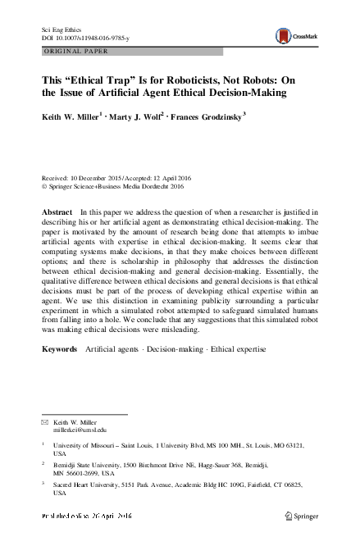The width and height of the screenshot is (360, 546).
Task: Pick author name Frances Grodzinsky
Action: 205,116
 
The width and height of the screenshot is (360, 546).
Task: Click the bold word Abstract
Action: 57,212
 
